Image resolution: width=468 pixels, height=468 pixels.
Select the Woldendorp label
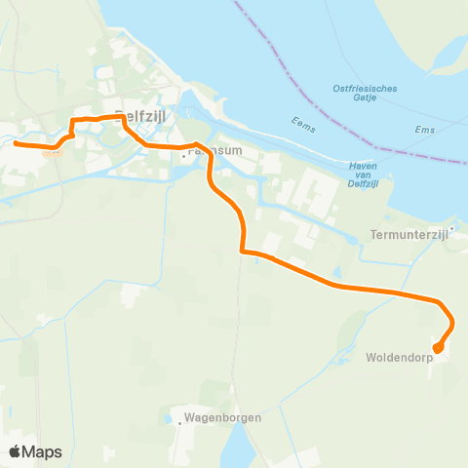[399, 357]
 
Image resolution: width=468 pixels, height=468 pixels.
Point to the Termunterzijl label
[408, 235]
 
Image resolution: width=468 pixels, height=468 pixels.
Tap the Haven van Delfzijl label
[362, 175]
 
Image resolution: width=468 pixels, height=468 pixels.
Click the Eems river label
[304, 122]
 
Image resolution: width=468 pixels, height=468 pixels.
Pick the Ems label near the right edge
[424, 130]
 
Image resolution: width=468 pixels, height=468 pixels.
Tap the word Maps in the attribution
[43, 451]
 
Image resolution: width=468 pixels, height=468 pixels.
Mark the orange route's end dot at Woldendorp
[438, 347]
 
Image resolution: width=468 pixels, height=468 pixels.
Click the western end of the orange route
[16, 143]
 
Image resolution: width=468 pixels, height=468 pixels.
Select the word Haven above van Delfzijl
[362, 166]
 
